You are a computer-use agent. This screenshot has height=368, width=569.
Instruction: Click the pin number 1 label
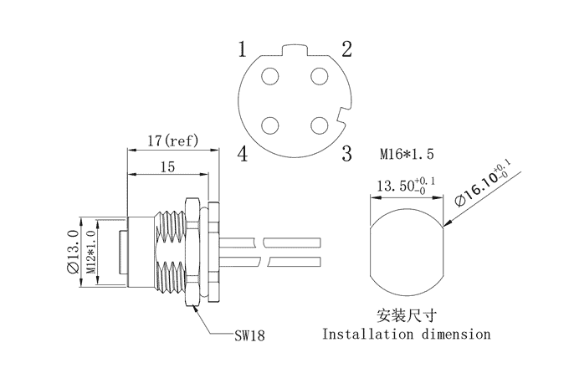(242, 49)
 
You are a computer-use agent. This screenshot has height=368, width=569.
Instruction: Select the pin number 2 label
(346, 49)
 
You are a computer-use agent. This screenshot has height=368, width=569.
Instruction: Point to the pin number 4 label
(242, 153)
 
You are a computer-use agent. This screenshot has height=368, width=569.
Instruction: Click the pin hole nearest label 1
(270, 77)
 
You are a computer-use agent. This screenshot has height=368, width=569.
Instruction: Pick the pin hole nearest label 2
(319, 77)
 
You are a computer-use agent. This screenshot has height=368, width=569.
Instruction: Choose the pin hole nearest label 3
(319, 125)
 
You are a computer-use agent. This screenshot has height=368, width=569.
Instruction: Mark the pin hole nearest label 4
(270, 125)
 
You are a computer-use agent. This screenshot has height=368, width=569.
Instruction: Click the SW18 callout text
(249, 335)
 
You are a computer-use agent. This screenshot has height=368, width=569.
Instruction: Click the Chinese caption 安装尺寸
(407, 316)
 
